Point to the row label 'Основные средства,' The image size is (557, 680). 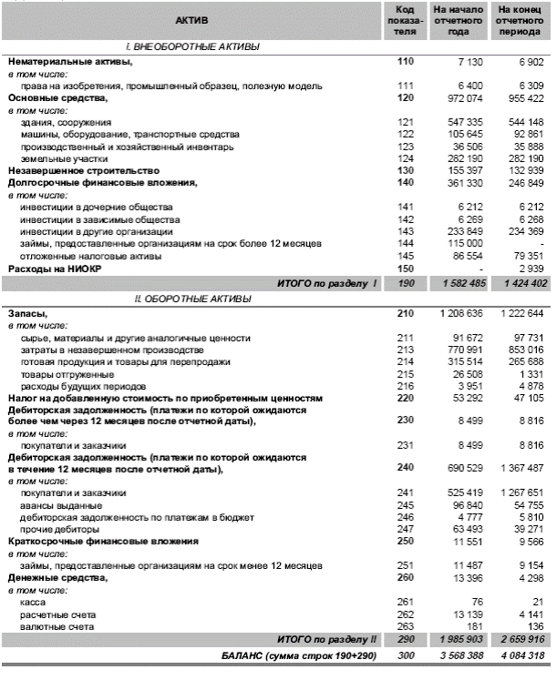[x=57, y=97]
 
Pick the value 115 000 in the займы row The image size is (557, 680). [x=464, y=244]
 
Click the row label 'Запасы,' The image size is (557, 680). [x=30, y=312]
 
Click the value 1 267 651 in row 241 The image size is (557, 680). [x=520, y=492]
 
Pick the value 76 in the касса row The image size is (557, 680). [x=473, y=602]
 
